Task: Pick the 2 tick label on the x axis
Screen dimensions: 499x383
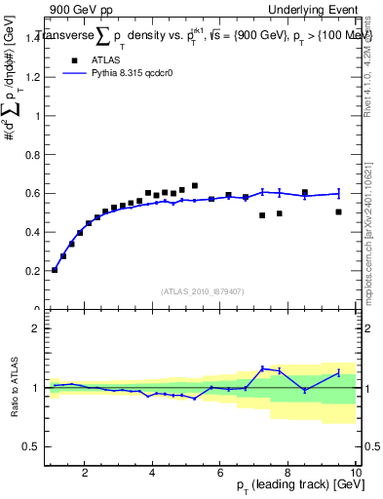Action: click(x=86, y=474)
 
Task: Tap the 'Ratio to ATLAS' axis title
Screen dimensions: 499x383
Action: click(x=14, y=388)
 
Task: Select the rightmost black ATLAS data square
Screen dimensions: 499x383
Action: click(x=338, y=211)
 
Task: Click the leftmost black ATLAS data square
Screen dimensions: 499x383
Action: click(x=55, y=270)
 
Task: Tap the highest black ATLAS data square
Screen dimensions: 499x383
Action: click(x=195, y=185)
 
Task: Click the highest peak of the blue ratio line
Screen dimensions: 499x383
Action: click(x=262, y=368)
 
